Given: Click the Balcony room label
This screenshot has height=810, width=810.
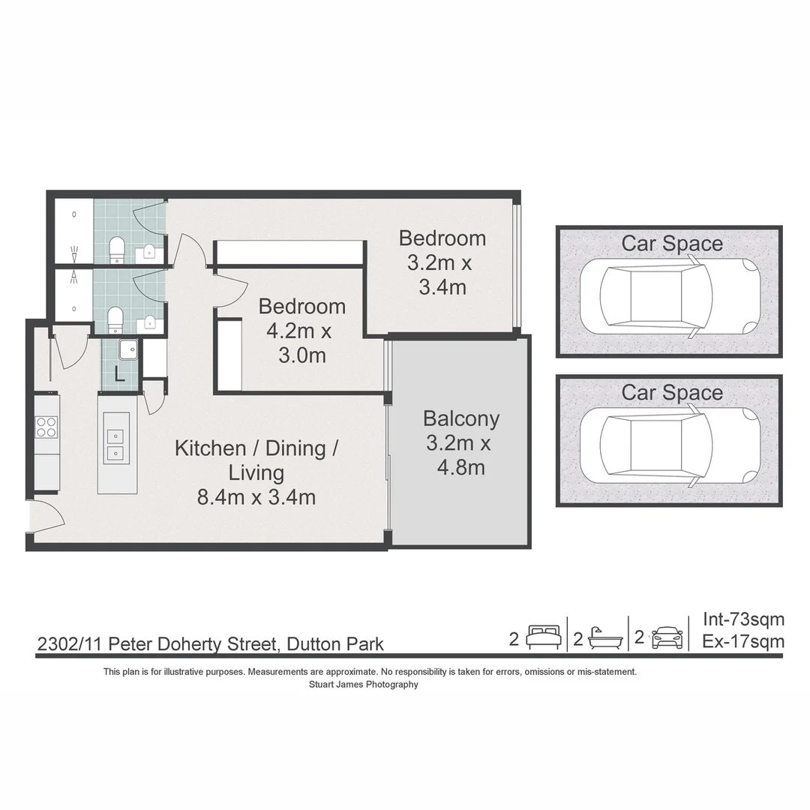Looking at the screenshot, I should [460, 418].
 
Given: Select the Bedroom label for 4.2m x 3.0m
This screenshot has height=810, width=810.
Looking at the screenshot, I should [302, 307].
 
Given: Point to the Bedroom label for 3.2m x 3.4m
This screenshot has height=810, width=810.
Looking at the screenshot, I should [442, 238].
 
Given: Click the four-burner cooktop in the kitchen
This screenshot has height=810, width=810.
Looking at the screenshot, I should [46, 427].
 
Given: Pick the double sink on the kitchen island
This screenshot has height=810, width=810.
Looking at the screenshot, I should [116, 444].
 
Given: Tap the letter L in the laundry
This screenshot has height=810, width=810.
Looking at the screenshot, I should [119, 374].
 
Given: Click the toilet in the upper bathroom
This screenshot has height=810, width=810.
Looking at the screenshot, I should [117, 248].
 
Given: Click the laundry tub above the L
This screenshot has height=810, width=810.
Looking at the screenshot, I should [128, 349].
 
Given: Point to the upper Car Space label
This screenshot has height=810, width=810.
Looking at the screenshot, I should [672, 244].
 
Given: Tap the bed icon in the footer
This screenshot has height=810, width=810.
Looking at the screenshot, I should [543, 637].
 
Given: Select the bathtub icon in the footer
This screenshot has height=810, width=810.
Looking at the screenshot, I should [606, 638].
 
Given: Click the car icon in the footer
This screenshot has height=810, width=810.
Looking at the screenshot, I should [667, 637].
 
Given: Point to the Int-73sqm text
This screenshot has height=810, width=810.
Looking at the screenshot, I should [743, 619].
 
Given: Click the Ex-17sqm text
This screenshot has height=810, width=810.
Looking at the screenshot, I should [743, 641].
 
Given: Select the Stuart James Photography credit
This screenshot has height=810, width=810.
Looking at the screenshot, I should [363, 685].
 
